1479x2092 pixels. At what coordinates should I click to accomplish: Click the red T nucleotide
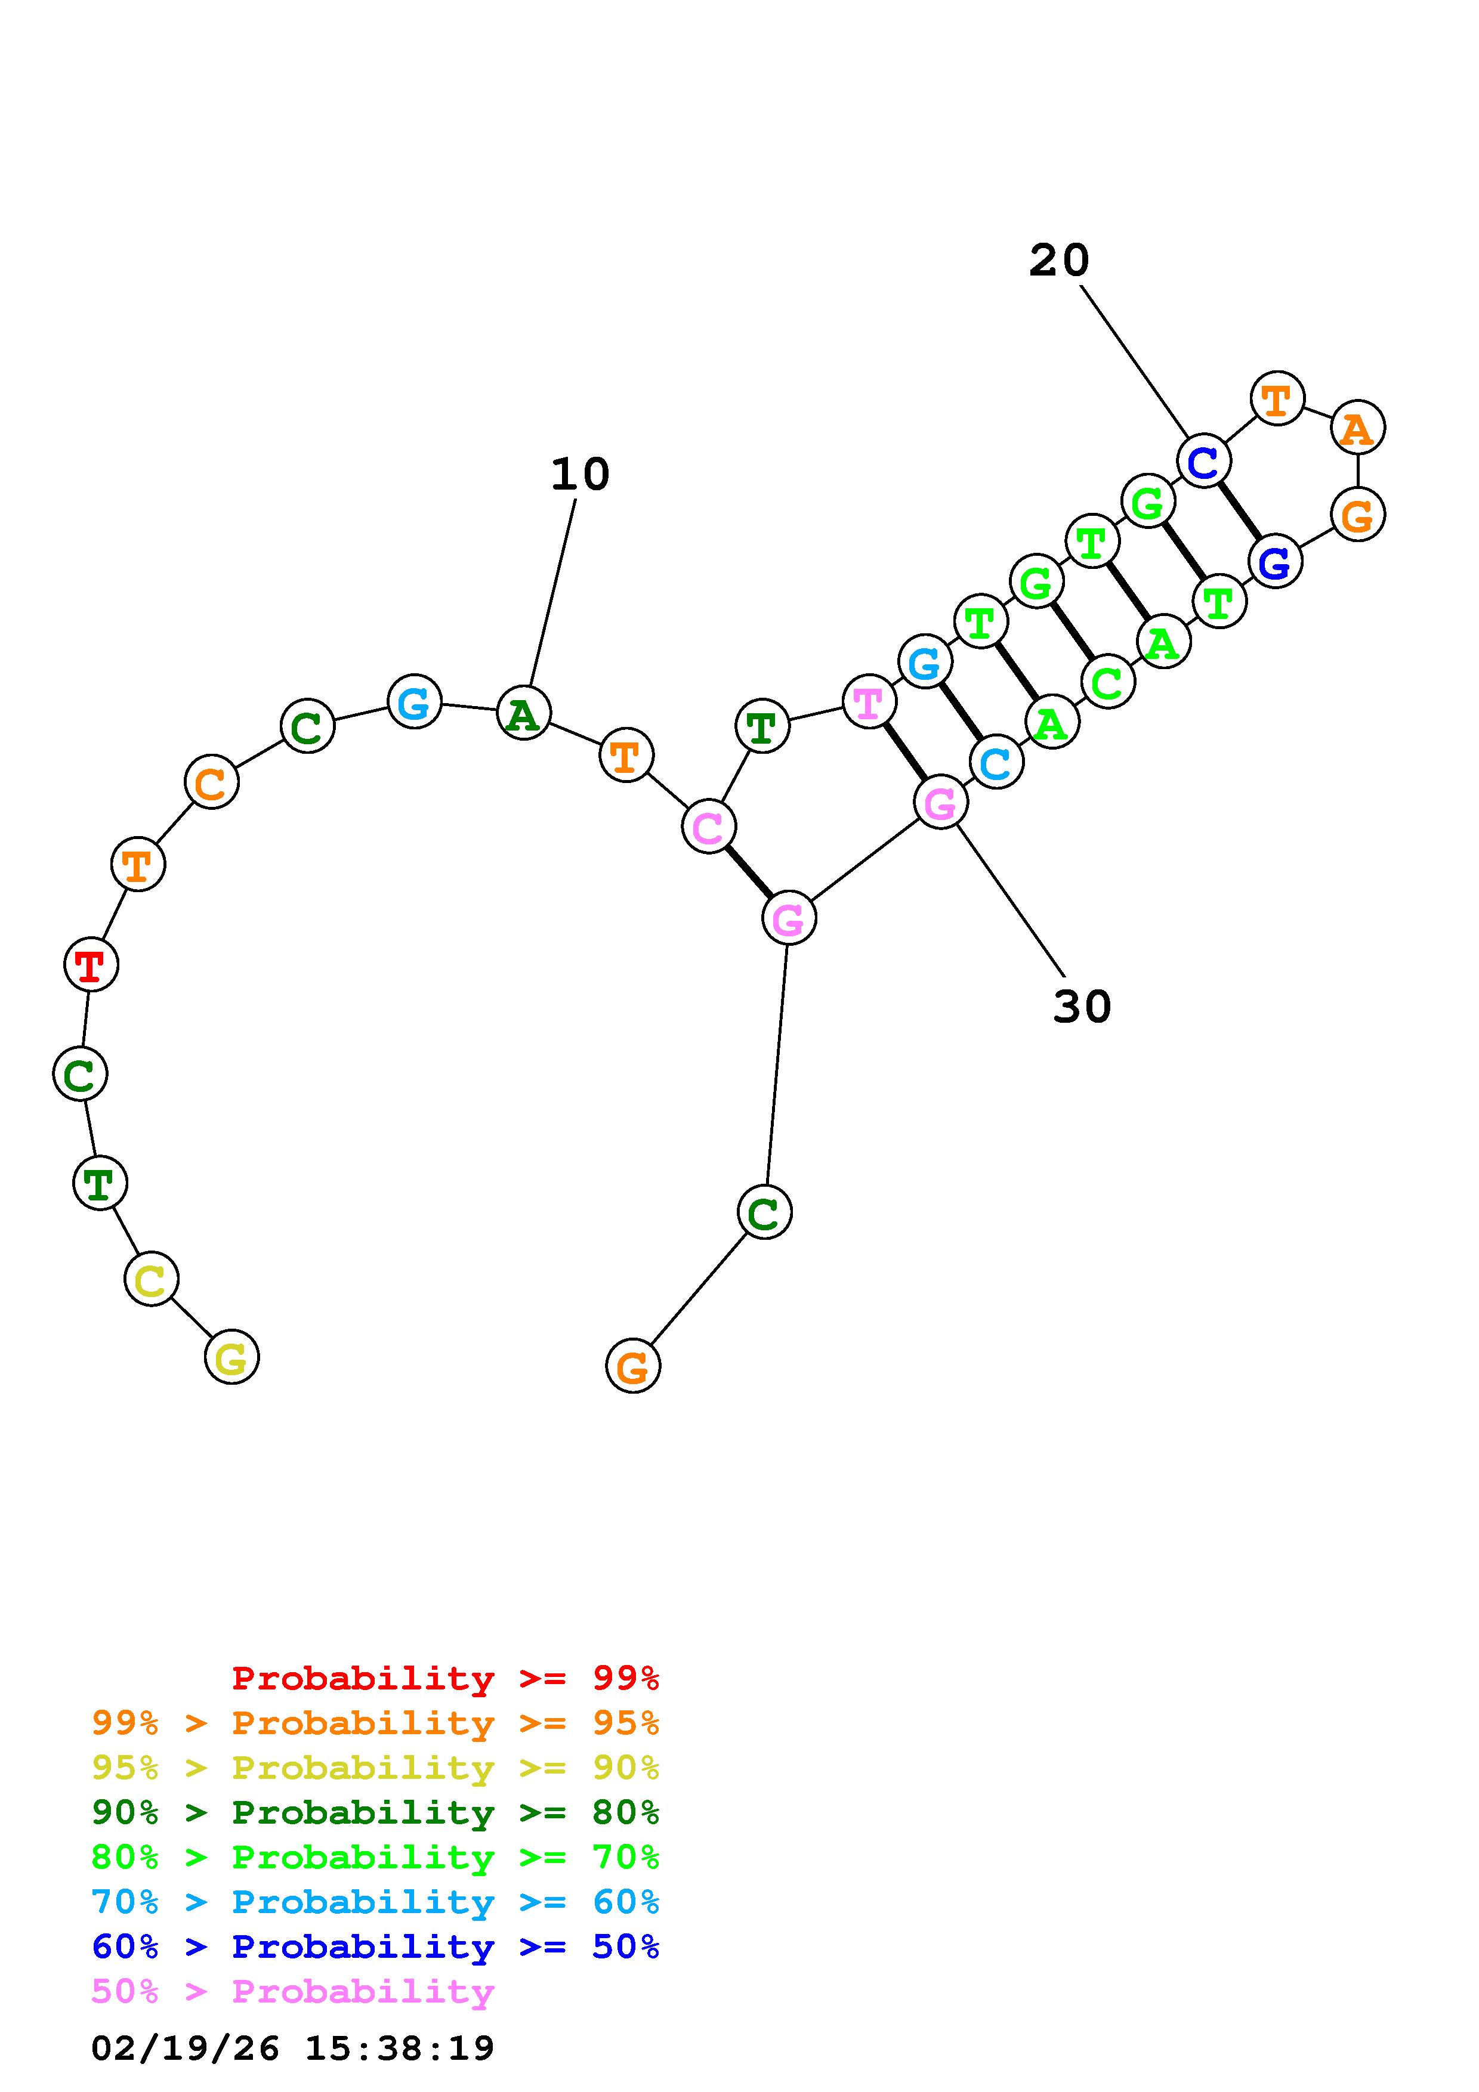point(91,964)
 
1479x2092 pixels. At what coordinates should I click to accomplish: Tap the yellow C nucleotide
point(152,1279)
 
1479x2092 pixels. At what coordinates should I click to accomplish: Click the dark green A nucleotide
point(523,713)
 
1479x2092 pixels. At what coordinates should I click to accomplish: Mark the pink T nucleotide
point(869,701)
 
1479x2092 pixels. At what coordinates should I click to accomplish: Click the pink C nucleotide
point(708,827)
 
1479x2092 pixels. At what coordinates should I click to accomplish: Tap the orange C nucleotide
point(211,782)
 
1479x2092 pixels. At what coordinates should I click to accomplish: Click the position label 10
point(579,475)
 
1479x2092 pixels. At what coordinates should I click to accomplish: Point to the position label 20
point(1059,261)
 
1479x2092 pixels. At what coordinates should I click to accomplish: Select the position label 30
point(1082,1007)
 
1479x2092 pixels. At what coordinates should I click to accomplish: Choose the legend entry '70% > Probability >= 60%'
point(375,1902)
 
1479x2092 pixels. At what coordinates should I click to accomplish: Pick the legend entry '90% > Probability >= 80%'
point(375,1812)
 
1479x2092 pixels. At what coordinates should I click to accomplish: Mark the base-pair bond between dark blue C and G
point(1239,511)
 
